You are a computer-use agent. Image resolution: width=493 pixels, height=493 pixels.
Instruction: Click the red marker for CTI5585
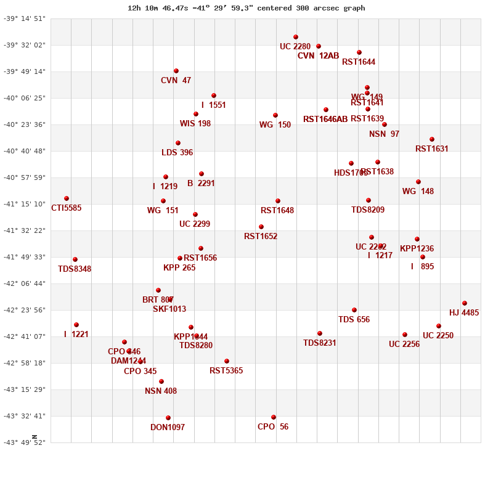[x=67, y=198]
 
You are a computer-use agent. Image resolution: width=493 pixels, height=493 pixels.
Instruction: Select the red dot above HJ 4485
[x=465, y=303]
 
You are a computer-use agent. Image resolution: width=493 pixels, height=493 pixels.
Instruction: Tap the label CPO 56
[x=273, y=427]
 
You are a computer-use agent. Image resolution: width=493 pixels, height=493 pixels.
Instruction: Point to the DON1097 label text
[x=168, y=428]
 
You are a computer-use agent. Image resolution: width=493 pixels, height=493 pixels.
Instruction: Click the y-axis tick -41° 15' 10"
[x=25, y=204]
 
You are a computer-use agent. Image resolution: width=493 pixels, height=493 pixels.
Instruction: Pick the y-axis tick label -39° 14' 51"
[x=25, y=18]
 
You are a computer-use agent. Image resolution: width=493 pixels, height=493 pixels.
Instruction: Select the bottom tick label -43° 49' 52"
[x=25, y=442]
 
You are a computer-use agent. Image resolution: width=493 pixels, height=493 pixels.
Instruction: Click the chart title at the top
[x=246, y=8]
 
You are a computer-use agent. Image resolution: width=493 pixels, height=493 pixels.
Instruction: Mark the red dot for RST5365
[x=227, y=361]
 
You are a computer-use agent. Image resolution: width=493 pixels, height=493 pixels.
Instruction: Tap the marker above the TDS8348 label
[x=75, y=259]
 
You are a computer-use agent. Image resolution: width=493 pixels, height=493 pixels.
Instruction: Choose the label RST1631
[x=432, y=149]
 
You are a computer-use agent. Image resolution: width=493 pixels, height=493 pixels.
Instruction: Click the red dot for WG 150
[x=275, y=115]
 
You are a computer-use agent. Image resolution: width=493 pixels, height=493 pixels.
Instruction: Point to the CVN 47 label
[x=176, y=81]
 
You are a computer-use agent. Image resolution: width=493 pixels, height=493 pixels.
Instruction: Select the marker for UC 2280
[x=296, y=37]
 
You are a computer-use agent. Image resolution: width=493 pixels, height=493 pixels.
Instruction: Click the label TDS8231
[x=320, y=343]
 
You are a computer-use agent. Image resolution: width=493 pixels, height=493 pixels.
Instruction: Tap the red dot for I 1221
[x=76, y=325]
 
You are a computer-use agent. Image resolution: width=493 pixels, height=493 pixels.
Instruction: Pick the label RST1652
[x=261, y=237]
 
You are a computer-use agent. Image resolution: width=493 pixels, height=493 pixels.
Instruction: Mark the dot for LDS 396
[x=178, y=143]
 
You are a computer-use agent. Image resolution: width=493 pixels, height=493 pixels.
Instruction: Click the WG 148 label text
[x=418, y=192]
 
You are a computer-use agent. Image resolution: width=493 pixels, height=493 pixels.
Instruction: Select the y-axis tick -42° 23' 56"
[x=25, y=310]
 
